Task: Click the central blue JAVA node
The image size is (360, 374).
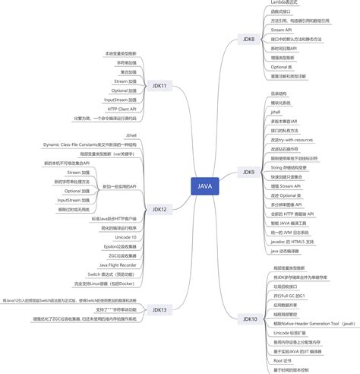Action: click(x=205, y=185)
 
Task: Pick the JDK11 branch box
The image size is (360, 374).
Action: click(x=159, y=86)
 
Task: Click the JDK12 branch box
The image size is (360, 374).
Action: click(x=159, y=208)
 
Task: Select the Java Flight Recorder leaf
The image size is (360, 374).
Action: click(x=118, y=265)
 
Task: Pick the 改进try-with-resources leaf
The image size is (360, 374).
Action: click(x=292, y=139)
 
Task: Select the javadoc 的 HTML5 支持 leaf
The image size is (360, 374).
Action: click(x=292, y=241)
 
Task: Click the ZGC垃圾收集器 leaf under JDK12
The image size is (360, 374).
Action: click(x=122, y=255)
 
